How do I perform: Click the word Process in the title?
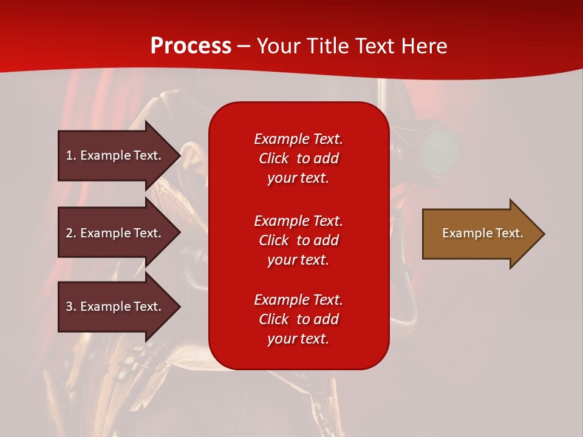[x=191, y=46]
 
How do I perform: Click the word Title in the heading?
[x=328, y=46]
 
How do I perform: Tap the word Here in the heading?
[x=424, y=46]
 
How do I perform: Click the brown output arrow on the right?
[x=480, y=234]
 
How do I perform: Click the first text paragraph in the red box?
[x=298, y=158]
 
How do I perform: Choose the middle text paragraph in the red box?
[x=298, y=240]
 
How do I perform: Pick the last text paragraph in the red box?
[x=298, y=319]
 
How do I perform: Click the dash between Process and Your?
[x=244, y=47]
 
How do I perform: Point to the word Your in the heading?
[x=279, y=46]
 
